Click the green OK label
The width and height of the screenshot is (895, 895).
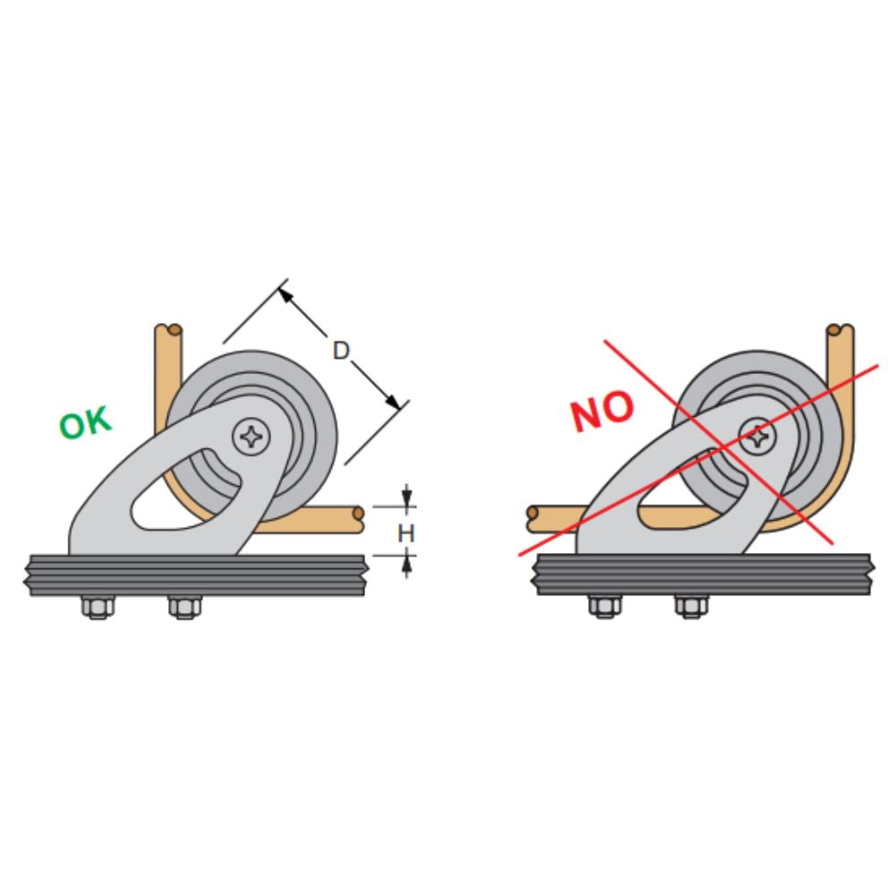86,423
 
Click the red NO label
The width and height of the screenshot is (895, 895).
601,412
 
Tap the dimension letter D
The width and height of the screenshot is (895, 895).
340,350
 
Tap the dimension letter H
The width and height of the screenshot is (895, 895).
406,533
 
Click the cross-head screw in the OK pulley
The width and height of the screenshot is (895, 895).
252,437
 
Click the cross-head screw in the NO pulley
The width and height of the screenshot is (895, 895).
759,437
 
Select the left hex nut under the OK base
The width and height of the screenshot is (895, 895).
97,608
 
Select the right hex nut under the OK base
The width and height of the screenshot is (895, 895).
183,608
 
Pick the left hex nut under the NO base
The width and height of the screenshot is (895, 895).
601,608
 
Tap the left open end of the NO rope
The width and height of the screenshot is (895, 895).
532,515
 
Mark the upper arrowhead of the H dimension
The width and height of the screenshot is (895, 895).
407,499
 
